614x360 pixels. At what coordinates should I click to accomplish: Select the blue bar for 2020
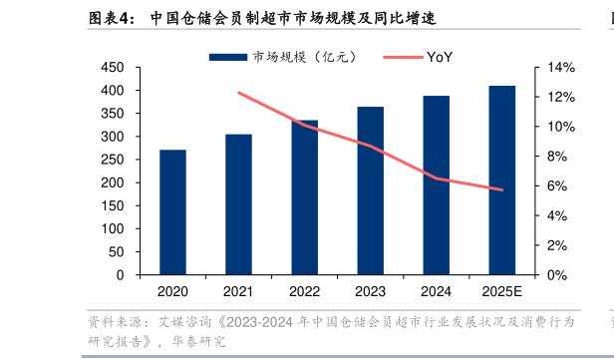coord(172,212)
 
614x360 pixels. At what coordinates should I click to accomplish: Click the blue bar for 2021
coord(238,204)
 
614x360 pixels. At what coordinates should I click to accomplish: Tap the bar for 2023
coord(371,190)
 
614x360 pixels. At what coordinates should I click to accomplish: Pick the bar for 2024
coord(437,184)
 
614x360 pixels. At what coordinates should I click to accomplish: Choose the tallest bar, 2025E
coord(502,180)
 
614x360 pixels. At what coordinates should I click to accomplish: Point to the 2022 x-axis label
coord(304,291)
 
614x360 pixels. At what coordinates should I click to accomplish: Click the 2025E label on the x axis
coord(502,291)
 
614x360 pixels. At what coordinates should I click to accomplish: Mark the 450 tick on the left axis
coord(113,68)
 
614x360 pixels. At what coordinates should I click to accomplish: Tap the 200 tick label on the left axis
coord(113,182)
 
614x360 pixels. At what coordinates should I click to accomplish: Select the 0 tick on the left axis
coord(120,275)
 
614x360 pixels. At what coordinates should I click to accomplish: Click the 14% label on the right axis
coord(561,68)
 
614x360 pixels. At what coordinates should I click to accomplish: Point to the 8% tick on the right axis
coord(557,157)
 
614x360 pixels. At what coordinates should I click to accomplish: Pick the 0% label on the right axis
coord(557,275)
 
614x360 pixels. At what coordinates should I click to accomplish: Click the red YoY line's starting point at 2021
coord(239,93)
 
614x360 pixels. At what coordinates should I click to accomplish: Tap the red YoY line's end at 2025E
coord(502,190)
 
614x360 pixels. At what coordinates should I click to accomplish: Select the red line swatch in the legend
coord(403,57)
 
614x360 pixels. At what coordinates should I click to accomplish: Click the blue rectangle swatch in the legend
coord(228,57)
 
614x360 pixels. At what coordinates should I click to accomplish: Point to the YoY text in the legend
coord(440,57)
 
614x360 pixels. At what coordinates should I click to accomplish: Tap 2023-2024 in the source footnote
coord(259,322)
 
